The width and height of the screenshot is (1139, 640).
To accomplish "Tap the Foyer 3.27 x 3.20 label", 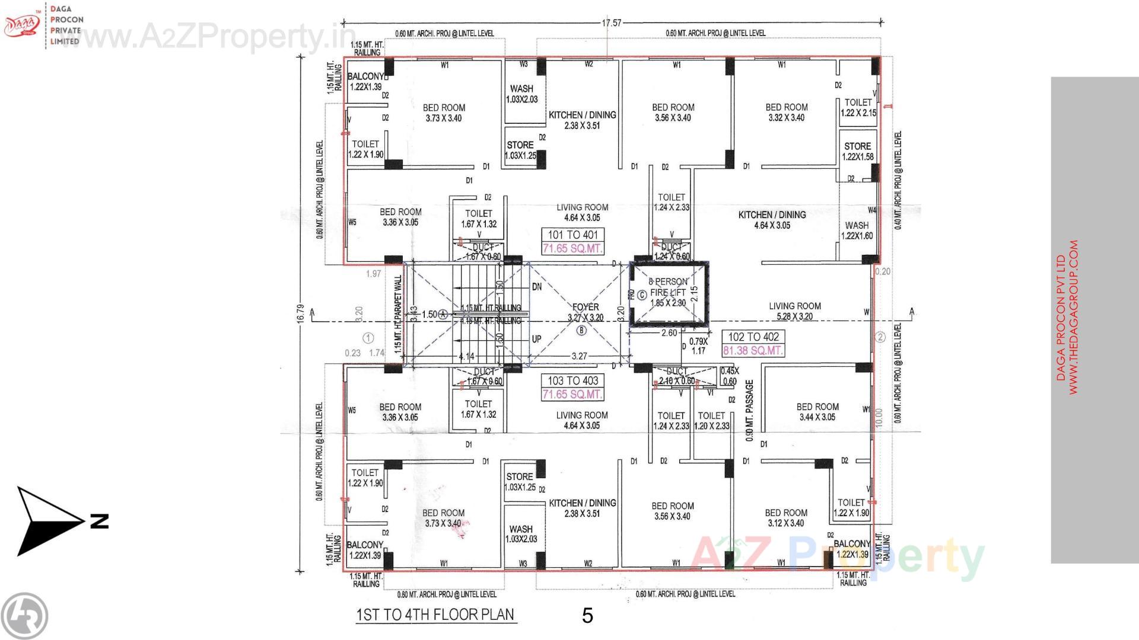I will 585,312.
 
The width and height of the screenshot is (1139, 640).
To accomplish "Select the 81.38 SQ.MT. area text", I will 753,351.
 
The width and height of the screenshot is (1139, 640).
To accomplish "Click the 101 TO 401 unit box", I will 572,235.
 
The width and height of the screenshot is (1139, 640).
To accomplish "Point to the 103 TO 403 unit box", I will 572,381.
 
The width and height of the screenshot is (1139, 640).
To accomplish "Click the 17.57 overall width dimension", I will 611,23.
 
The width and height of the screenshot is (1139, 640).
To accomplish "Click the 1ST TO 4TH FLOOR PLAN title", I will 435,615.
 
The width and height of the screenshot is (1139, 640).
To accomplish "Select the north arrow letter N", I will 99,521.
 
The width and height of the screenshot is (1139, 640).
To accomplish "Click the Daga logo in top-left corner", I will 22,24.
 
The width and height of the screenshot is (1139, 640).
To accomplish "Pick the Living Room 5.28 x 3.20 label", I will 794,311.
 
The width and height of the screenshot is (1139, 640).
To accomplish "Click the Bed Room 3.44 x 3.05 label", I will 817,412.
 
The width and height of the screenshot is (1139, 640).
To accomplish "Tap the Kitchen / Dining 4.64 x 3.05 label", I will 772,220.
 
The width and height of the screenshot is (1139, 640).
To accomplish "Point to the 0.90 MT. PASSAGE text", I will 749,411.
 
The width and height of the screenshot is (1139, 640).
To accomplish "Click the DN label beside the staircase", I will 536,287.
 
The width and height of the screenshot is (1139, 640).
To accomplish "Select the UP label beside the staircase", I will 536,340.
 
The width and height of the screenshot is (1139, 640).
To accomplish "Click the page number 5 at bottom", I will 587,616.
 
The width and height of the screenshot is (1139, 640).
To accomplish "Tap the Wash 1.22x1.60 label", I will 857,231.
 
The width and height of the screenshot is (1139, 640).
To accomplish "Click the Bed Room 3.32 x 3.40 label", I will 786,112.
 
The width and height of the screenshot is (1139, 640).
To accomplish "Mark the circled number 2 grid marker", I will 880,337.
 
